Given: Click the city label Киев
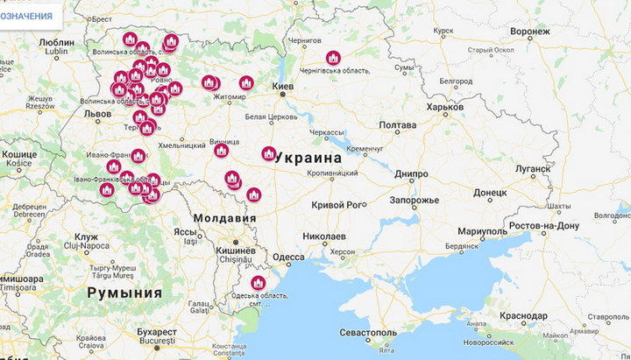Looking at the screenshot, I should click(283, 88).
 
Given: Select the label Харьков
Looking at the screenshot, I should click(444, 107).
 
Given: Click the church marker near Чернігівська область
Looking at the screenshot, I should click(333, 59).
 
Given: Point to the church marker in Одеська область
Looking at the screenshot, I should click(258, 283).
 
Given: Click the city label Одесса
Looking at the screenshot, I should click(288, 257).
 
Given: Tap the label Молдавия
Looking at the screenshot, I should click(225, 218).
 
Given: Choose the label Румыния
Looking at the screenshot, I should click(123, 293).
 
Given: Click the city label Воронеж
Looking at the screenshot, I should click(529, 32).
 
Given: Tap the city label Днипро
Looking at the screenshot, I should click(411, 174).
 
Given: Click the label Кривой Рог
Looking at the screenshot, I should click(337, 205).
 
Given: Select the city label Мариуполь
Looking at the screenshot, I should click(481, 231).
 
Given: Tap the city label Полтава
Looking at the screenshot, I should click(397, 125).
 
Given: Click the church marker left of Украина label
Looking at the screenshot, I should click(269, 153).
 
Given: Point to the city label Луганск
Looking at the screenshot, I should click(533, 167).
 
